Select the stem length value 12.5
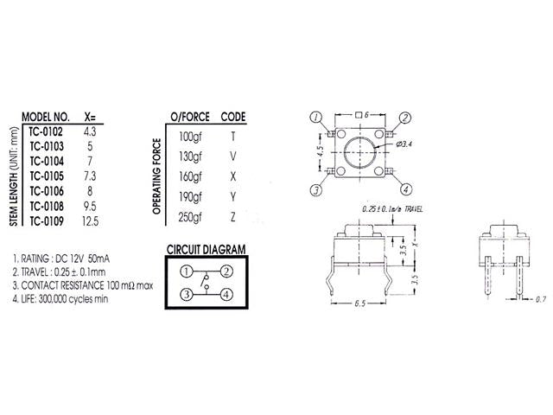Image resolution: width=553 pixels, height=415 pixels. (89, 221)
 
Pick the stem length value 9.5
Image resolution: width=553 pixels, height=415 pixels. (89, 207)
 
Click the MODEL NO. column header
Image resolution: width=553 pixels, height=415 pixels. (44, 117)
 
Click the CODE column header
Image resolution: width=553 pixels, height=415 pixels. (233, 116)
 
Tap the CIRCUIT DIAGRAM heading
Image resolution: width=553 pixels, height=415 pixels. (206, 249)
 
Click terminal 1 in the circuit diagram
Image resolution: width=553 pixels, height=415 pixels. (187, 271)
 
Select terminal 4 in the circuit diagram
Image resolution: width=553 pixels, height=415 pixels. (225, 295)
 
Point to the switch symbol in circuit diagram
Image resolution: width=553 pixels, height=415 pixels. (206, 283)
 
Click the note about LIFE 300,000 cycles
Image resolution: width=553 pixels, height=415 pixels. (60, 299)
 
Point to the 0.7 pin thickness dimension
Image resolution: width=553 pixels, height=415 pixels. (541, 299)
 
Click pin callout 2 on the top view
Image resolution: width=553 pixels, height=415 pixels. (404, 118)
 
